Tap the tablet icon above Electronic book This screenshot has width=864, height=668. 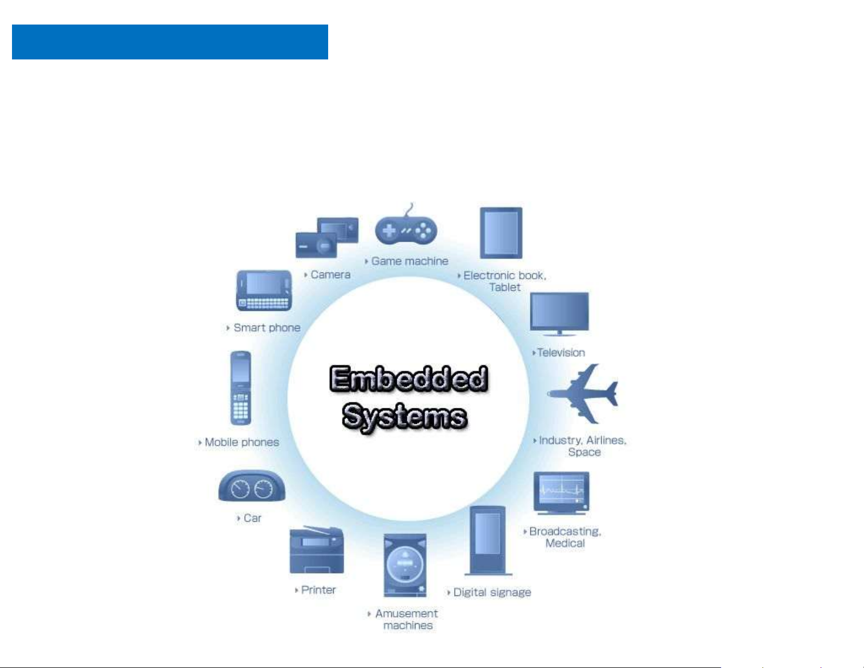[x=501, y=233]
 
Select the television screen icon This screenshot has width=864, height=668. [x=559, y=312]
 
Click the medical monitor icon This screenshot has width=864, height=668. [x=561, y=492]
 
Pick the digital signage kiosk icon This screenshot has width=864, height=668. [x=488, y=540]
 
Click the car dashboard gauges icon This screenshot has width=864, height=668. [x=252, y=486]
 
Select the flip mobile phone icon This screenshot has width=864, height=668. [x=240, y=388]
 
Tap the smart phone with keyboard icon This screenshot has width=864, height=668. [x=264, y=290]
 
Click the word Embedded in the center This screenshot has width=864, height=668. [x=408, y=379]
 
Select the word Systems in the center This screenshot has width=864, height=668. [x=404, y=417]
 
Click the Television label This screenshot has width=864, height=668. [x=561, y=353]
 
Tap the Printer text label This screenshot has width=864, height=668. [x=318, y=590]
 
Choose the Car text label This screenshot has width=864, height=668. [x=252, y=518]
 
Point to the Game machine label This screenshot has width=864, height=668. [x=409, y=261]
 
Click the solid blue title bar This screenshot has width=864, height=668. [x=170, y=42]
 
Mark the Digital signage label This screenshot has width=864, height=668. [x=492, y=592]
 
